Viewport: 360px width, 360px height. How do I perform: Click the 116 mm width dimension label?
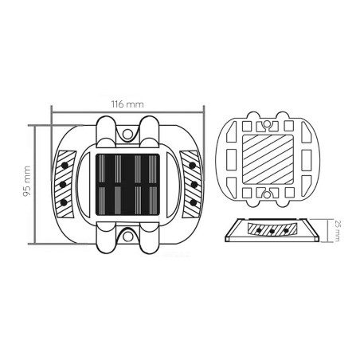[x=127, y=104]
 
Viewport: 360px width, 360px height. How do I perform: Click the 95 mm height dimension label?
[x=27, y=181]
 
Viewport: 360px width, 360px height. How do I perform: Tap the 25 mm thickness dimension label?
[x=337, y=231]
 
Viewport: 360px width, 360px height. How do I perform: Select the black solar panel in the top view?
[x=127, y=185]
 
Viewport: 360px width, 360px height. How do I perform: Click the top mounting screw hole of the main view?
[x=127, y=133]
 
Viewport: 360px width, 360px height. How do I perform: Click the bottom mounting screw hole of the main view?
[x=127, y=236]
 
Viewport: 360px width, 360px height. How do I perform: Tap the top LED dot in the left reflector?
[x=65, y=166]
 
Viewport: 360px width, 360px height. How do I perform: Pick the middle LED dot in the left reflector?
[x=63, y=184]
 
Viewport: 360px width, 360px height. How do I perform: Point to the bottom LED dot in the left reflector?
[x=64, y=202]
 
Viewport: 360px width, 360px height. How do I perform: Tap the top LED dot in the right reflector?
[x=192, y=166]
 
